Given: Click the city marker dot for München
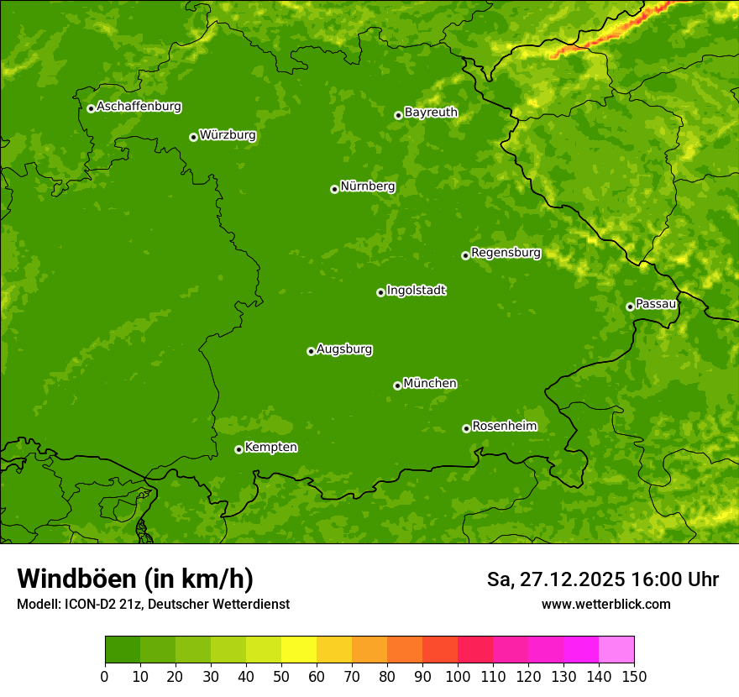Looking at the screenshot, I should [x=397, y=385].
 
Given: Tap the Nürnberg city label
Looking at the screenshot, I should [x=367, y=186].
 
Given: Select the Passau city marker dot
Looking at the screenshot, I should [x=630, y=307].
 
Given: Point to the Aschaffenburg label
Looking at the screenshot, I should [x=139, y=107].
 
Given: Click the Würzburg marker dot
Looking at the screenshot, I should [x=193, y=137].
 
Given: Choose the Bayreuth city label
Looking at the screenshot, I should [x=431, y=112].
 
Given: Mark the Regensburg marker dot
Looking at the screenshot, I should [x=465, y=255].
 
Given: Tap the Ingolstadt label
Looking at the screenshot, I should [x=416, y=291].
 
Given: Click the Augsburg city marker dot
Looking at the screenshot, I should [x=311, y=351].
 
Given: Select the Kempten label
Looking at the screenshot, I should [x=270, y=448].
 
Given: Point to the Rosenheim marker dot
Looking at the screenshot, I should [x=466, y=428].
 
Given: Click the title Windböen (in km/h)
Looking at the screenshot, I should [x=134, y=579].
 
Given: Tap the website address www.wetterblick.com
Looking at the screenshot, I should [x=605, y=604].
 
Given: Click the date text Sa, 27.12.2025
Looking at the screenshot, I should [x=555, y=579].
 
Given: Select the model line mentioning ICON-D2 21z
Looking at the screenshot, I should [x=153, y=604].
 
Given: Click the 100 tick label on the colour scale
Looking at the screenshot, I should [x=457, y=676].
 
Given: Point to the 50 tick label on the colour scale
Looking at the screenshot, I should [x=280, y=676].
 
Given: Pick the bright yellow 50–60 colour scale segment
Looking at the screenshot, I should [x=298, y=650].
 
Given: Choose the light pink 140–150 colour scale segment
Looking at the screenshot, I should [x=616, y=650].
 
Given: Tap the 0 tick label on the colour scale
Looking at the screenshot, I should [x=105, y=676].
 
